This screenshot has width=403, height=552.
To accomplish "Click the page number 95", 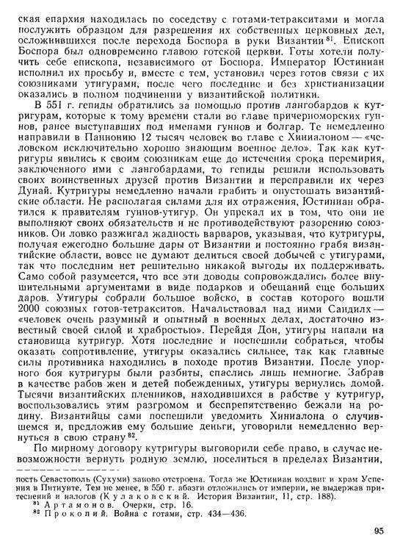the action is [377, 531].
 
